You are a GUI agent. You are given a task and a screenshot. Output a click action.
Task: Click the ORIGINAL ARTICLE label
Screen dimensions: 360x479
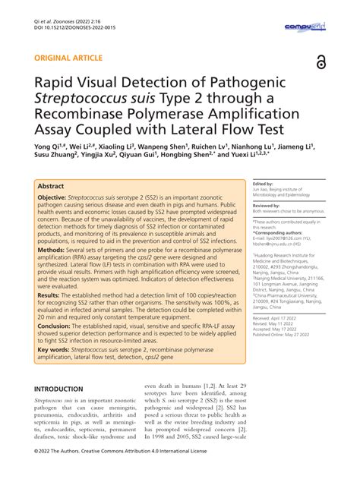click(66, 58)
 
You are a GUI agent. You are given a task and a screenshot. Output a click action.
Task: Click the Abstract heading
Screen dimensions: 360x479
click(52, 185)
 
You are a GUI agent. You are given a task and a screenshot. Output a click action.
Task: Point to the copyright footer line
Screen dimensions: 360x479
click(137, 470)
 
